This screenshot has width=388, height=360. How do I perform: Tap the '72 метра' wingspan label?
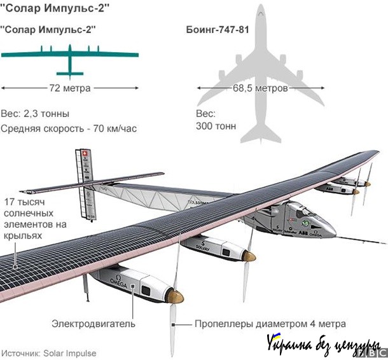tap(69, 88)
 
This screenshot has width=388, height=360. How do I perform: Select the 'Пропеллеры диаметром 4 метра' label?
tap(270, 323)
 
